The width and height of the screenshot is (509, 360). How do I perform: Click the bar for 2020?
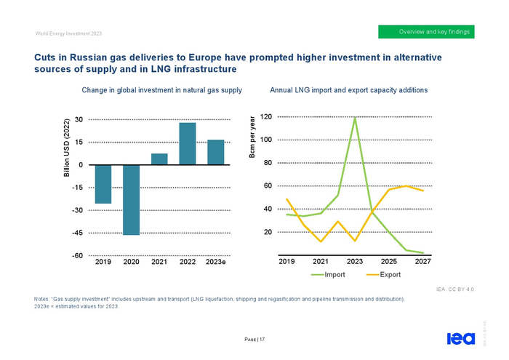(x=131, y=200)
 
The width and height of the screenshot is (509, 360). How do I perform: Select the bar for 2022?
(x=188, y=144)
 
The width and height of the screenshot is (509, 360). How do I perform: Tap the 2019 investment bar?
(x=103, y=184)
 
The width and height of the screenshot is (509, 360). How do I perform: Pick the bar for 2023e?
(x=216, y=152)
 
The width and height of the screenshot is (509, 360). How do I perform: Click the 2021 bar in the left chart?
(x=159, y=159)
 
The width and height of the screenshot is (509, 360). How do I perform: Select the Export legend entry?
(x=382, y=275)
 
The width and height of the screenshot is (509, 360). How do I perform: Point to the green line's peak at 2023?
(x=355, y=117)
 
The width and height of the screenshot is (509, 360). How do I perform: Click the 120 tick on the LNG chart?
(x=265, y=117)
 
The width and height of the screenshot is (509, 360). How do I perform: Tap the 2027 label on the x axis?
(x=423, y=261)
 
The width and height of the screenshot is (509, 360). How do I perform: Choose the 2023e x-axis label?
(x=216, y=261)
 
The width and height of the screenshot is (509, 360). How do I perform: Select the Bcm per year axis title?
(x=252, y=138)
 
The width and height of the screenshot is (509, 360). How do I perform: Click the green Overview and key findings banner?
(x=427, y=32)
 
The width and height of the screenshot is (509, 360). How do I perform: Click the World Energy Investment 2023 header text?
(x=64, y=33)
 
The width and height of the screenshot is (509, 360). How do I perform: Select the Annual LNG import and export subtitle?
(x=348, y=90)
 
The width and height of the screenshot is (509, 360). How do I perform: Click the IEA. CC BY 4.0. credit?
(x=456, y=289)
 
